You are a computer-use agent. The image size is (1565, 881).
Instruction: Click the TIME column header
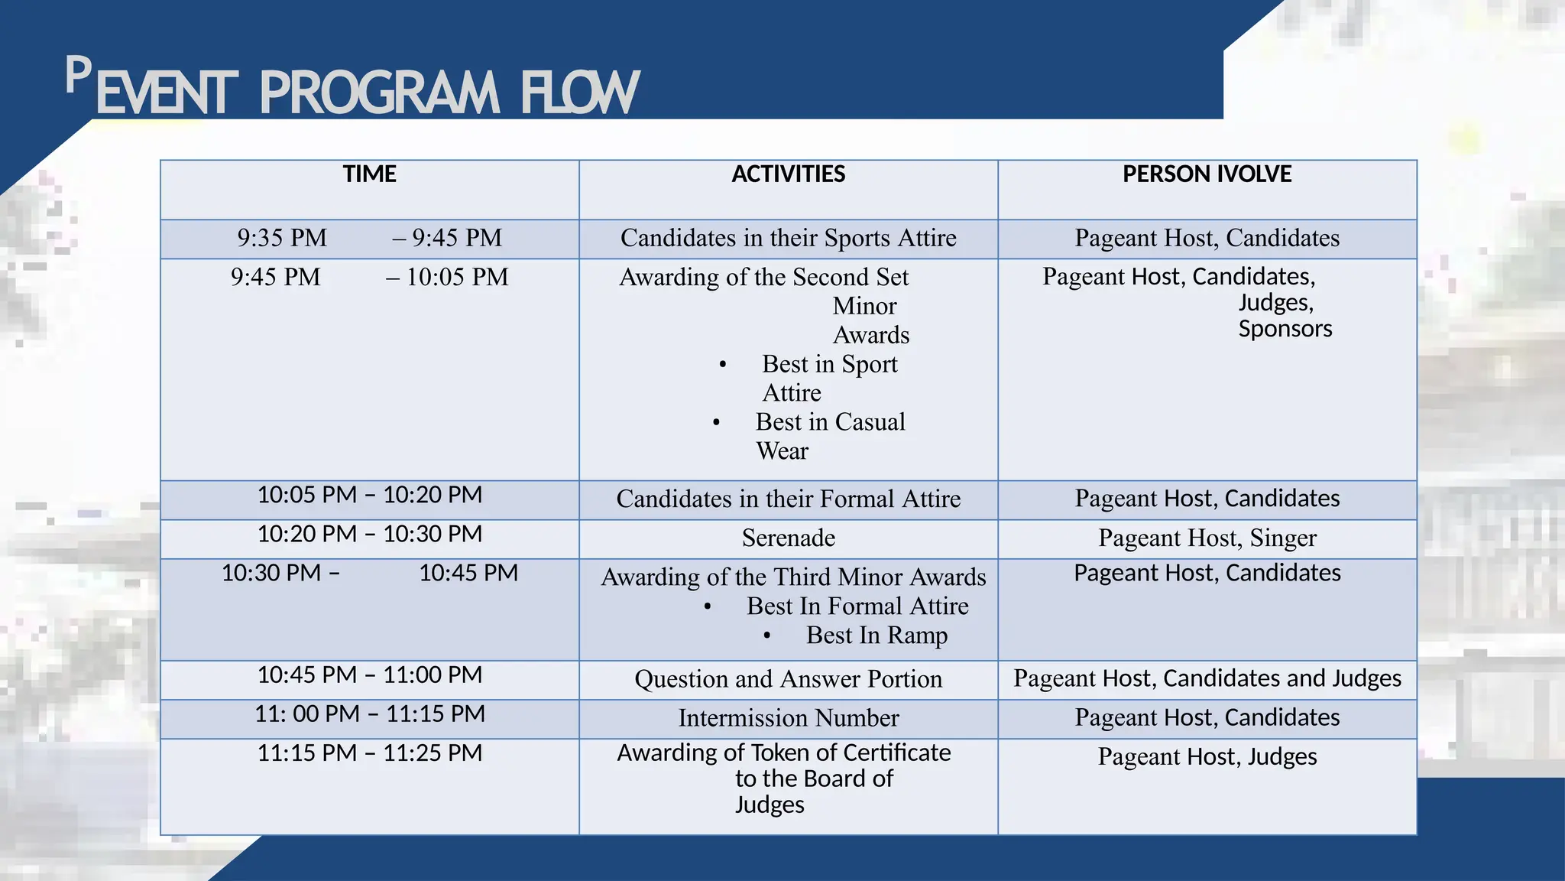[x=369, y=174]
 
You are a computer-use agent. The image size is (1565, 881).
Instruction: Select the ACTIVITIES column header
[x=788, y=174]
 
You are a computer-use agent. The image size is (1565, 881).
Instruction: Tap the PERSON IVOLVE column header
[x=1207, y=174]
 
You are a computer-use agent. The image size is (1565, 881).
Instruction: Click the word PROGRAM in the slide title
[x=379, y=93]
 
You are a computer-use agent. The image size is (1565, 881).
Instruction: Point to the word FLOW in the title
[x=579, y=93]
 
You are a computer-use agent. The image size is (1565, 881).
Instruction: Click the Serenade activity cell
[x=788, y=538]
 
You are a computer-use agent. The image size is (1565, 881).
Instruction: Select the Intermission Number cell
[x=788, y=718]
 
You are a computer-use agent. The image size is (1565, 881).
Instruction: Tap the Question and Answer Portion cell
[x=788, y=679]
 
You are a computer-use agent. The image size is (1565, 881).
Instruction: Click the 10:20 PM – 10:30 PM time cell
[x=369, y=534]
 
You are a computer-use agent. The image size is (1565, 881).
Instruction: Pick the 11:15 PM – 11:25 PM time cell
[x=369, y=753]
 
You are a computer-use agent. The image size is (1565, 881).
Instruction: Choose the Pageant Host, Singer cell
[x=1207, y=538]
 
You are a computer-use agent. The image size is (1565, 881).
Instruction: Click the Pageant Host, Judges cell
[x=1207, y=757]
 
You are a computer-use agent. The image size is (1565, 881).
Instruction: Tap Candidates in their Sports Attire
[x=788, y=239]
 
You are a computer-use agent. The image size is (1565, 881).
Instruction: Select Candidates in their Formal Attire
[x=788, y=499]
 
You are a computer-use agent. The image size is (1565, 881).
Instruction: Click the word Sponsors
[x=1285, y=329]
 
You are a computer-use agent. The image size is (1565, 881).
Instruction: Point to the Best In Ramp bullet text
[x=876, y=636]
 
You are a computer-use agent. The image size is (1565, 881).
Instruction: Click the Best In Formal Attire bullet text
[x=857, y=606]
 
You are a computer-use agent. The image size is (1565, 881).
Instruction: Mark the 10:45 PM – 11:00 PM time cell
[x=369, y=675]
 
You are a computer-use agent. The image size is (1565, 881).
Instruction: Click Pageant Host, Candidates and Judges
[x=1207, y=678]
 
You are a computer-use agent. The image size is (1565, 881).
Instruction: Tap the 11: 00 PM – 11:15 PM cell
[x=369, y=714]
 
